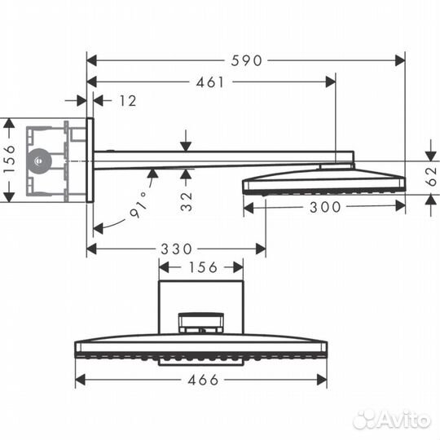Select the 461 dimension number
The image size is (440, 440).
pos(210,82)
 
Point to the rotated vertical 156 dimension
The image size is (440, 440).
pos(9,161)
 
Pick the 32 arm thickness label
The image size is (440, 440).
pos(187,200)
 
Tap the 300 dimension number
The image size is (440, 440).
pos(325,208)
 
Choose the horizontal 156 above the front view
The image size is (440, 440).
pos(200,267)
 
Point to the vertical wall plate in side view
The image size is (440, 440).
pos(90,161)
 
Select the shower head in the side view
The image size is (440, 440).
pos(323,182)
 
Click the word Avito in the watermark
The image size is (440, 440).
pos(405,418)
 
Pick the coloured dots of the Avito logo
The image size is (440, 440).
pos(366,418)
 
